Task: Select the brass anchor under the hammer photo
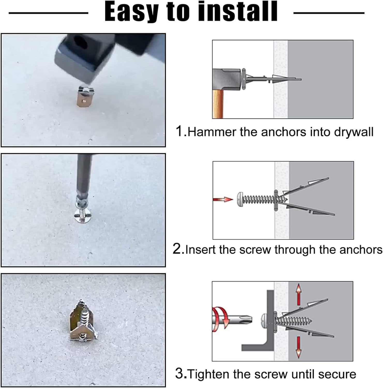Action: (84, 97)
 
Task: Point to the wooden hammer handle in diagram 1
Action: (218, 103)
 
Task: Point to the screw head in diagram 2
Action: (240, 199)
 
